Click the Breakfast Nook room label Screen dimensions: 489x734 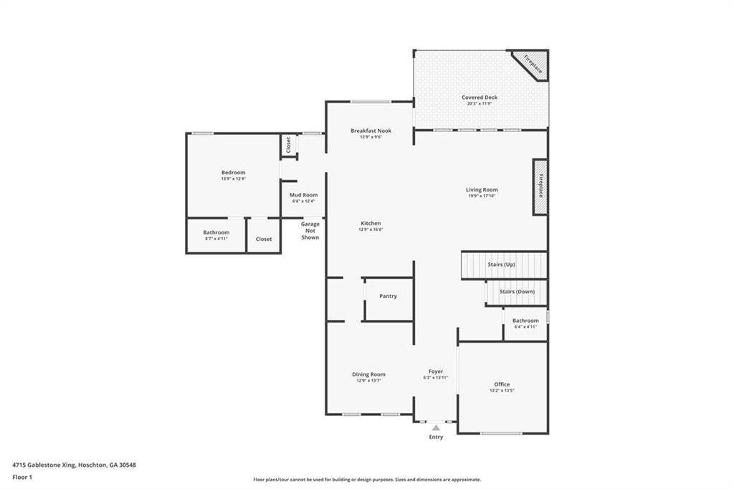371,130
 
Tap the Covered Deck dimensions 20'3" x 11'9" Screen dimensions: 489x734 480,103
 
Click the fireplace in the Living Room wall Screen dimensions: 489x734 540,186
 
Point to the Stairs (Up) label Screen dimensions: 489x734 501,265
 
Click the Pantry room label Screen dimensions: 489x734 388,296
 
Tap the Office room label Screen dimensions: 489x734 502,384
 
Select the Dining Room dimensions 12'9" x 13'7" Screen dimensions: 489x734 368,381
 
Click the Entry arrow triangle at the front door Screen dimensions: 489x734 436,428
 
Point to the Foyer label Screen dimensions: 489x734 436,371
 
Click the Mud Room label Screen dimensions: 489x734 303,195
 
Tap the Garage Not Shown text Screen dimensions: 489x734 310,230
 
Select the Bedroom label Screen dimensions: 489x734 233,172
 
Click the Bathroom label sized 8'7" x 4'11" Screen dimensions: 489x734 216,232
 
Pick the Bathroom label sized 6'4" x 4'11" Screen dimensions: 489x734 525,321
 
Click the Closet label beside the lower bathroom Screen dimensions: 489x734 264,239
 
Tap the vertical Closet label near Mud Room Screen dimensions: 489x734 288,145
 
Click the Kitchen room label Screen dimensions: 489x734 371,223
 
